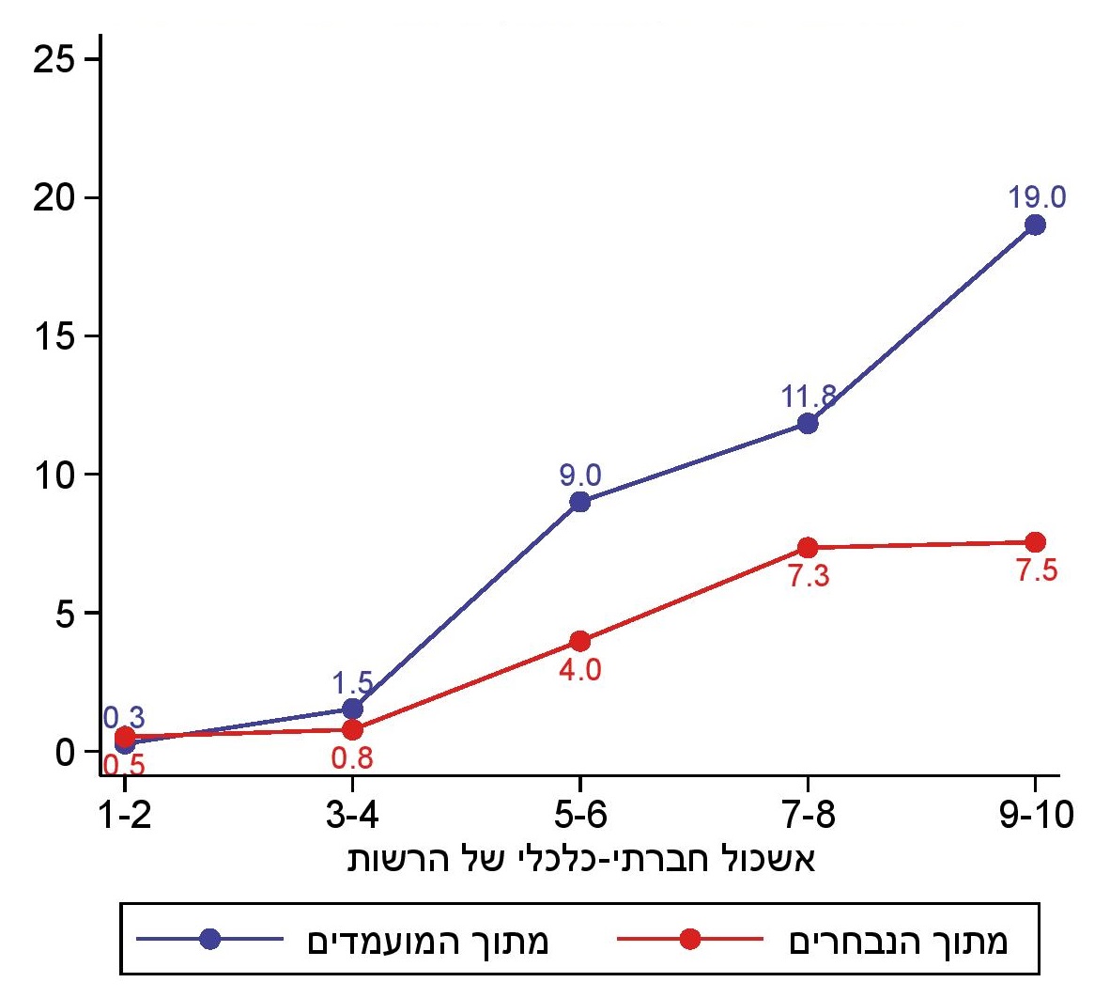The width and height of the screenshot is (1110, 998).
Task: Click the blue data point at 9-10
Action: point(1035,225)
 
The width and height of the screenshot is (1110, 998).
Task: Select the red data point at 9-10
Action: point(1035,542)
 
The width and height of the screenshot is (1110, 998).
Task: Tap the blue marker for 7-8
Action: point(808,423)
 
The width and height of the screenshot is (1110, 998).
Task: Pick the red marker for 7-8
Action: point(808,548)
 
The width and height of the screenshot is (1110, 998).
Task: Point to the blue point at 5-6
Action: point(580,502)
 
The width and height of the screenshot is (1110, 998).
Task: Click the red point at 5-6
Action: point(580,642)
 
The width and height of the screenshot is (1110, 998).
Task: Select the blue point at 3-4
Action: point(352,709)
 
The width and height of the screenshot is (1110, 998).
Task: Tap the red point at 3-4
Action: point(352,729)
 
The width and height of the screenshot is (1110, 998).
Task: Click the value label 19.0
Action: point(1037,197)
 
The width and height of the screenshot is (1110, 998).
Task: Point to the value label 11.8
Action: point(809,397)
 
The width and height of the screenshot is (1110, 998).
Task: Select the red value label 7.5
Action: point(1037,570)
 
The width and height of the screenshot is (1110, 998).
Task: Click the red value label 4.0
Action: point(580,670)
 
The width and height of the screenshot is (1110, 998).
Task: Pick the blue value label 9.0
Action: point(580,476)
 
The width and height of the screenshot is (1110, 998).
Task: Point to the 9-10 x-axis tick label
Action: point(1036,815)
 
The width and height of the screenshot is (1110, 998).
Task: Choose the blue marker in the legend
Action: point(209,939)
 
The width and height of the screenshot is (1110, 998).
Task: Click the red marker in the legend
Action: point(689,939)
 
